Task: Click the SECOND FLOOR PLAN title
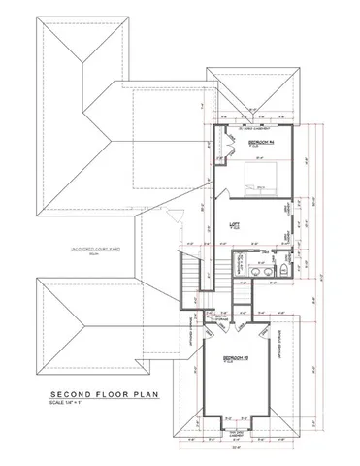96,396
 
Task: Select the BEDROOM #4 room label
261,143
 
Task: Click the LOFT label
233,222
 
